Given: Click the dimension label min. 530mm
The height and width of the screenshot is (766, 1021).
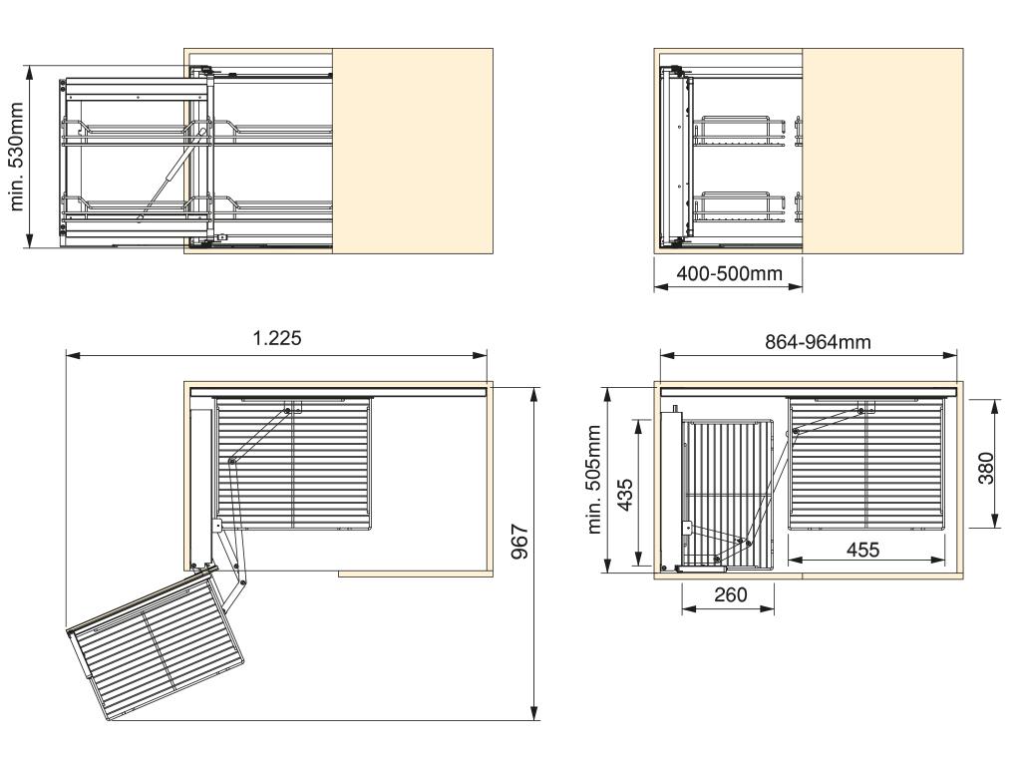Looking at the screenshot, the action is click(17, 157).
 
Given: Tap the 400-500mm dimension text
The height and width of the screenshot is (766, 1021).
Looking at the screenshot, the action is click(729, 273).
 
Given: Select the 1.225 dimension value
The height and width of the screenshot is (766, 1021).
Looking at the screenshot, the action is click(277, 338).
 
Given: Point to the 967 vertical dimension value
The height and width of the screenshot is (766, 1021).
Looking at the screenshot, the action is click(518, 541).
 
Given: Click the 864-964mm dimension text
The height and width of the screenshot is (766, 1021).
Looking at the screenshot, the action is click(818, 342).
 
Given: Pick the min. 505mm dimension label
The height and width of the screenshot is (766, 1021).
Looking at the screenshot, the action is click(594, 480).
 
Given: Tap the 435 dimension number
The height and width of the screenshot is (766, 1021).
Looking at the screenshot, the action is click(624, 495).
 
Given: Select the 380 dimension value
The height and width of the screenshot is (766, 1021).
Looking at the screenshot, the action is click(986, 468).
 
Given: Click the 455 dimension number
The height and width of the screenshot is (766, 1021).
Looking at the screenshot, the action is click(862, 550).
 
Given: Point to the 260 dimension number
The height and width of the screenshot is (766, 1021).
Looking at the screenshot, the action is click(730, 594).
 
